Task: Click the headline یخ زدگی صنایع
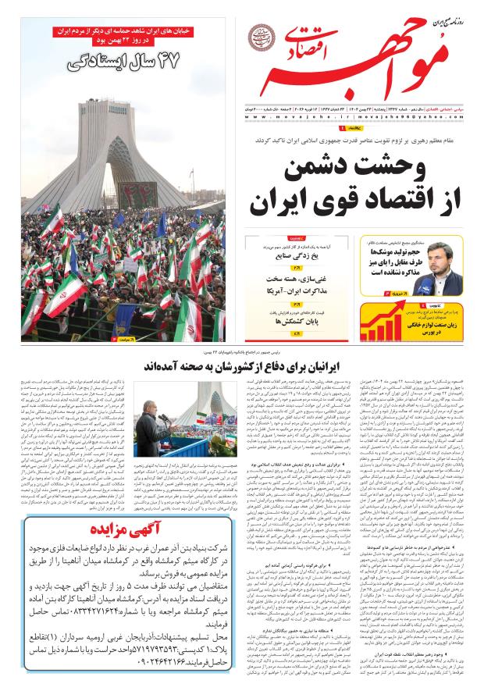point(288,255)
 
